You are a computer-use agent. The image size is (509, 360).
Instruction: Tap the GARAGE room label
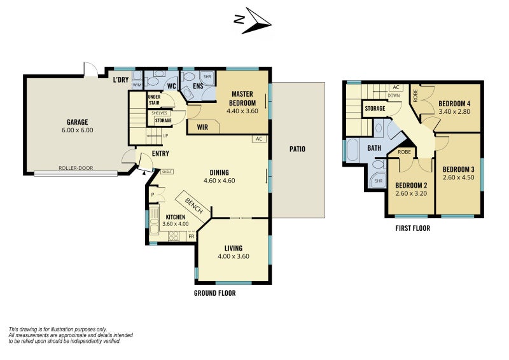[x=77, y=122]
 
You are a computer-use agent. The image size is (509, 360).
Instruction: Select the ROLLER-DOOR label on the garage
[x=76, y=169]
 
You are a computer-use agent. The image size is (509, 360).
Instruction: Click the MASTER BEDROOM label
[x=242, y=98]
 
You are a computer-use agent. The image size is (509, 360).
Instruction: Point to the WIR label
[x=203, y=127]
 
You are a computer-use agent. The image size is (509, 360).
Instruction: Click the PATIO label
[x=296, y=149]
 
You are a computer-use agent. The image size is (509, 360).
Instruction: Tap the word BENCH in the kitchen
[x=194, y=205]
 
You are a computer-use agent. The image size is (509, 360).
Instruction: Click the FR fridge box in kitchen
[x=190, y=237]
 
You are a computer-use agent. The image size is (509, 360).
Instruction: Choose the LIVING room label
[x=233, y=248]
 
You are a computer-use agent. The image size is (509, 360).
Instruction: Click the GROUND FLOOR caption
[x=214, y=293]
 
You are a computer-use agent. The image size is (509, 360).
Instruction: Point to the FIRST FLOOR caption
[x=412, y=228]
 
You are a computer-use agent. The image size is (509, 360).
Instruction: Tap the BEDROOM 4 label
[x=454, y=104]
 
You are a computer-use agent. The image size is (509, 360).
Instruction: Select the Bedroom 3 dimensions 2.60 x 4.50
[x=459, y=177]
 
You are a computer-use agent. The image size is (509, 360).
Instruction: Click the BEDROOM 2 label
[x=411, y=186]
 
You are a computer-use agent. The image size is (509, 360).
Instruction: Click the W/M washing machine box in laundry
[x=137, y=84]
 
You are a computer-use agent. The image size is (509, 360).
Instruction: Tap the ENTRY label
[x=160, y=154]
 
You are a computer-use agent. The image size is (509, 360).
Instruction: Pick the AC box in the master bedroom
[x=258, y=138]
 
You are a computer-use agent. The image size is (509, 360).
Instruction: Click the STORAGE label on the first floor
[x=375, y=109]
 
